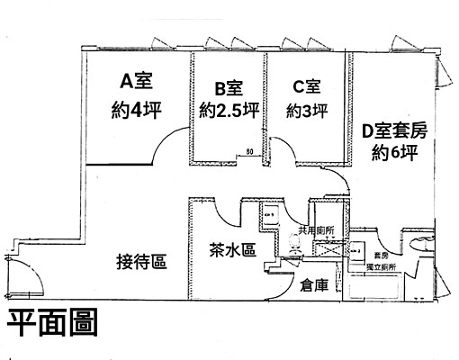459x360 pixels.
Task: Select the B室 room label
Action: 228,88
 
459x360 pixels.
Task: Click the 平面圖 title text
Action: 53,324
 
